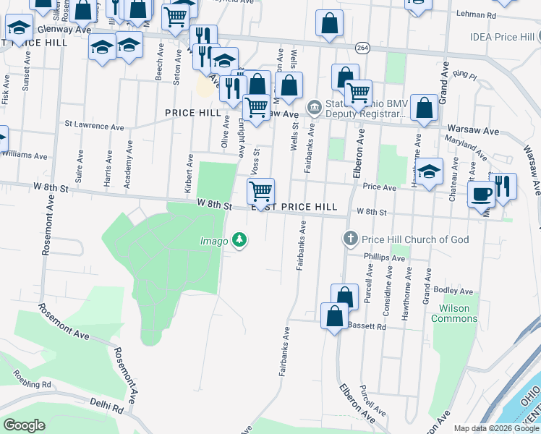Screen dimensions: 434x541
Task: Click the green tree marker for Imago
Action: click(239, 240)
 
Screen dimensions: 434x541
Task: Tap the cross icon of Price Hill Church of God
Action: click(350, 239)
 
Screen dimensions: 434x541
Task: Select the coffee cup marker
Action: click(480, 194)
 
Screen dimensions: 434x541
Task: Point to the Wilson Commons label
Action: click(454, 313)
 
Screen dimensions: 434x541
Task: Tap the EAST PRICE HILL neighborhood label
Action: click(294, 207)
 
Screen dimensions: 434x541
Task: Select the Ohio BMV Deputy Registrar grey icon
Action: click(314, 108)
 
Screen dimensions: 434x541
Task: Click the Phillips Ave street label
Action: click(385, 258)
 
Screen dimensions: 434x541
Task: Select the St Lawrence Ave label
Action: click(94, 124)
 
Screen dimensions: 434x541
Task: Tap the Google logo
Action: click(24, 425)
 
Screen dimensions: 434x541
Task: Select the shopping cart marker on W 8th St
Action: click(260, 192)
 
